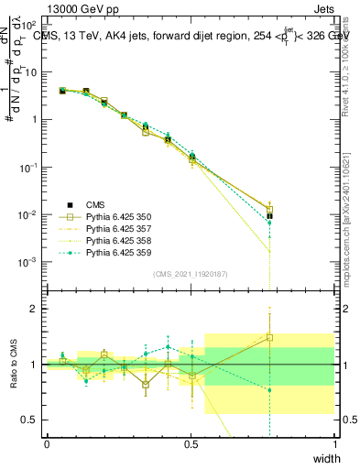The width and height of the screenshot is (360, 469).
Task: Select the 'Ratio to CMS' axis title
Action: point(12,365)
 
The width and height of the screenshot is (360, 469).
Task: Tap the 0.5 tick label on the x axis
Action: point(191,444)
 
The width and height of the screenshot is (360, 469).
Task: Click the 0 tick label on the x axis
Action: point(47,444)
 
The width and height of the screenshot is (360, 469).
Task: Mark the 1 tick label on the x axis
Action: point(335,444)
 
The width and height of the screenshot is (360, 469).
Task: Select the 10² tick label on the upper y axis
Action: point(28,26)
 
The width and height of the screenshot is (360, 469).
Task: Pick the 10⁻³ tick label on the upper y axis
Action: point(28,262)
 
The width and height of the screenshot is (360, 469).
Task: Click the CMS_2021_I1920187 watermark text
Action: point(191,273)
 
